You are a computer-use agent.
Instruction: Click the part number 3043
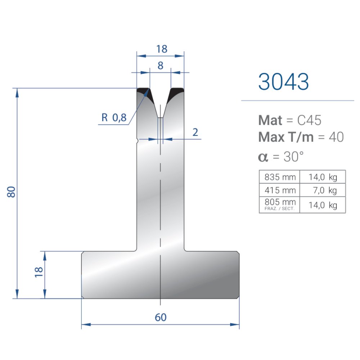[x=283, y=81]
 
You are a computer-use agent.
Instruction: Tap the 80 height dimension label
[x=11, y=192]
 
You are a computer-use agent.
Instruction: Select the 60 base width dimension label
[x=161, y=317]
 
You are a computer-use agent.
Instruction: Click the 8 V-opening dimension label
[x=161, y=66]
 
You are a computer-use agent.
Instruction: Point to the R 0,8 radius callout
[x=114, y=118]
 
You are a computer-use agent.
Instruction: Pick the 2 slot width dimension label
[x=195, y=132]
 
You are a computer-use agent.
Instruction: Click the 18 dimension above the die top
[x=162, y=49]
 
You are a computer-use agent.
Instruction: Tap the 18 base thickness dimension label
[x=39, y=272]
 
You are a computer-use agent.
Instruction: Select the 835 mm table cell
[x=280, y=177]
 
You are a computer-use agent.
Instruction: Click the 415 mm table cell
[x=280, y=190]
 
